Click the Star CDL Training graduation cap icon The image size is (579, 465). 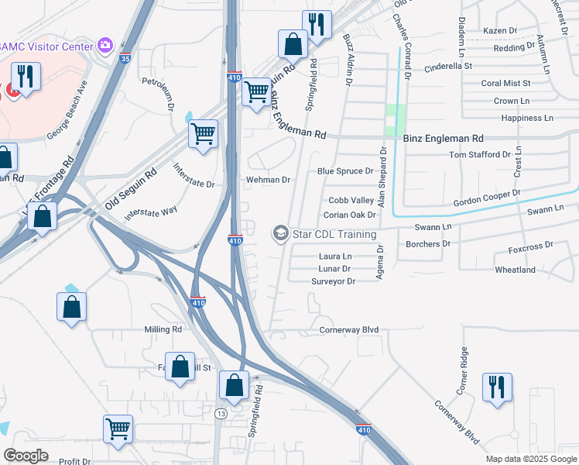click(279, 233)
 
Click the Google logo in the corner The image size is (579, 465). click(26, 455)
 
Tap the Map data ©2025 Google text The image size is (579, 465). click(530, 459)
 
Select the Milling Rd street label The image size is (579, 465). click(163, 329)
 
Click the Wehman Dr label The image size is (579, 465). click(268, 180)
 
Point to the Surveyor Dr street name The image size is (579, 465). click(333, 281)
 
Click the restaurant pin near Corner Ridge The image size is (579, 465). click(496, 387)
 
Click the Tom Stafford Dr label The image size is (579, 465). click(480, 154)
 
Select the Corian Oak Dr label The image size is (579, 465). click(349, 215)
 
